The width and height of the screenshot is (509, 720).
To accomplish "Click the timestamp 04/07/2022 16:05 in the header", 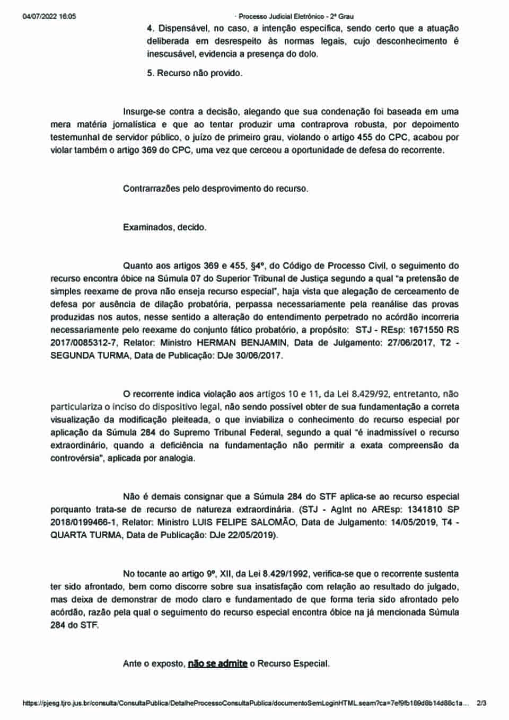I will point(49,16).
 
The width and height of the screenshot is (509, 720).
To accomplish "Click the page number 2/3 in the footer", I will point(482,703).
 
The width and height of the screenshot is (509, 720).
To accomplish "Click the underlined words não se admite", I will point(217,663).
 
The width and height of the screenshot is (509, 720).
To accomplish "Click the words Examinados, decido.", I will point(164,227).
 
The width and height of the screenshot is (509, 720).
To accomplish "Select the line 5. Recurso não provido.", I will point(195,73).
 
